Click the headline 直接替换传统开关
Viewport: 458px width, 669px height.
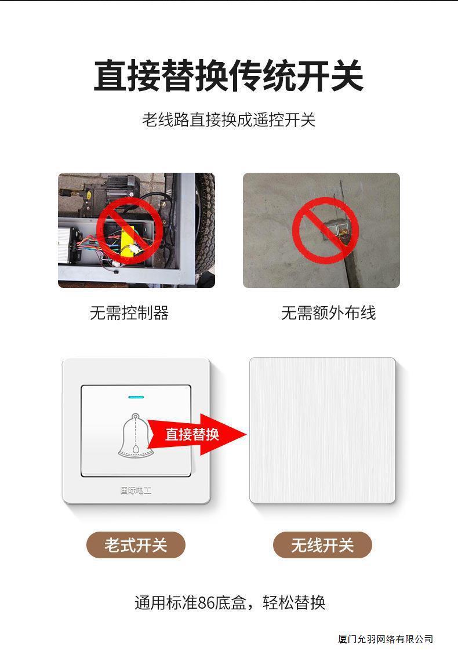click(x=228, y=76)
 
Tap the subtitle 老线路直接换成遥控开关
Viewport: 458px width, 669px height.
click(x=228, y=120)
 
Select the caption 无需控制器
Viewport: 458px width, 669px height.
click(x=129, y=313)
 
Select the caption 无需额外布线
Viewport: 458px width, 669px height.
click(x=328, y=313)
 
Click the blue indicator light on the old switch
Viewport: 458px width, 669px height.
click(x=136, y=398)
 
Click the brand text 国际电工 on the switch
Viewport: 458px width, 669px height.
click(x=136, y=490)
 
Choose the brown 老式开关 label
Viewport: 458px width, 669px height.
click(x=136, y=545)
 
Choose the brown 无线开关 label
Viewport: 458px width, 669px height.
click(x=322, y=545)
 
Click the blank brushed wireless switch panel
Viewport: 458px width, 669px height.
click(x=322, y=430)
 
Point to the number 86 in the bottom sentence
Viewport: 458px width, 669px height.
click(x=206, y=602)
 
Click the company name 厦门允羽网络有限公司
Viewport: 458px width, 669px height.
click(x=386, y=639)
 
